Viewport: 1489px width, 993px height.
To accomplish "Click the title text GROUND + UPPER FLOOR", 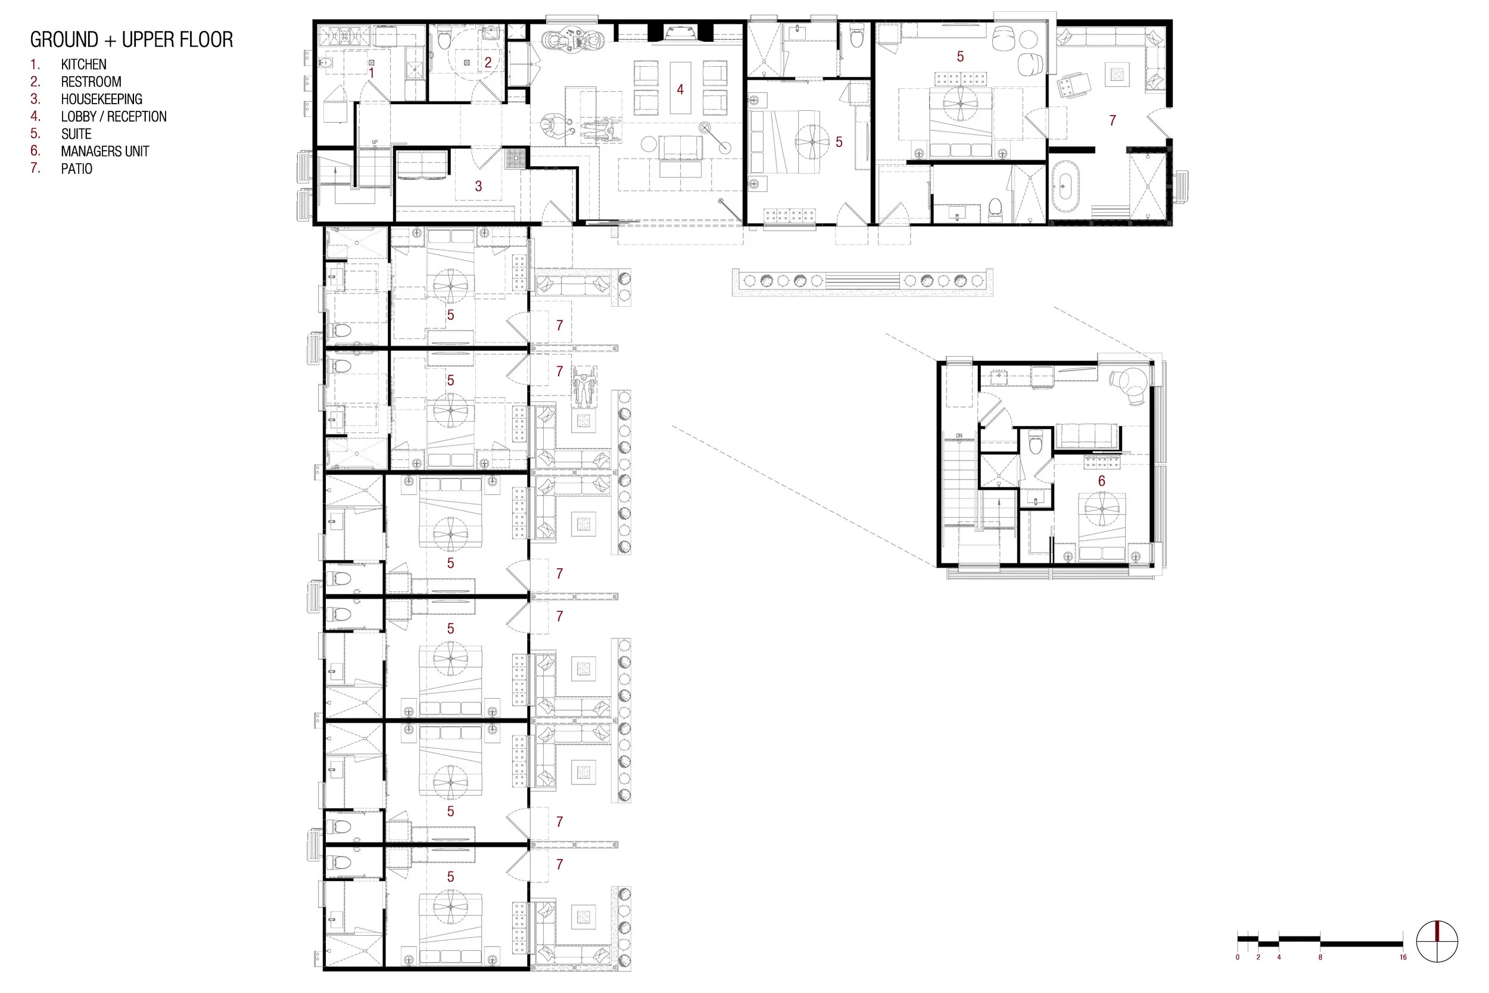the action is (132, 40).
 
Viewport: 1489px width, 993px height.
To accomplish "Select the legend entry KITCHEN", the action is (83, 64).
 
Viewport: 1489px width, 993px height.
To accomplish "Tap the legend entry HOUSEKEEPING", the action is (101, 99).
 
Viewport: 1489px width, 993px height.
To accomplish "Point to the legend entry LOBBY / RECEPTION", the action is (114, 117).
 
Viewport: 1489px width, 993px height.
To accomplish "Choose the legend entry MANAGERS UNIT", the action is (105, 151).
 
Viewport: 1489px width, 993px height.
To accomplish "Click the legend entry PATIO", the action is (77, 169).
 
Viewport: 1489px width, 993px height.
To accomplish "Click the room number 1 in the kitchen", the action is (372, 73).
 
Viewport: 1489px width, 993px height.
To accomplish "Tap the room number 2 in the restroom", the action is (488, 63).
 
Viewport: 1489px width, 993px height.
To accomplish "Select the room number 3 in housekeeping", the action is (479, 186).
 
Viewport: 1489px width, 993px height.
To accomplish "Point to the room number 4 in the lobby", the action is (680, 90).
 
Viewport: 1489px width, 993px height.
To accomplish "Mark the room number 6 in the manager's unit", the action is (1101, 481).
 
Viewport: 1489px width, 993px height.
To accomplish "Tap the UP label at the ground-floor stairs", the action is (375, 142).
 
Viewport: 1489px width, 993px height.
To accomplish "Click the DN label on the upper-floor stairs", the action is (959, 435).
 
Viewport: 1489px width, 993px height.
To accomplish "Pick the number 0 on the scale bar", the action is (1238, 957).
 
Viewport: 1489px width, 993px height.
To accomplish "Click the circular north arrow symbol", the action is (1437, 942).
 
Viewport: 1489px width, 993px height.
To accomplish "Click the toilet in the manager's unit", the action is (1036, 443).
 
